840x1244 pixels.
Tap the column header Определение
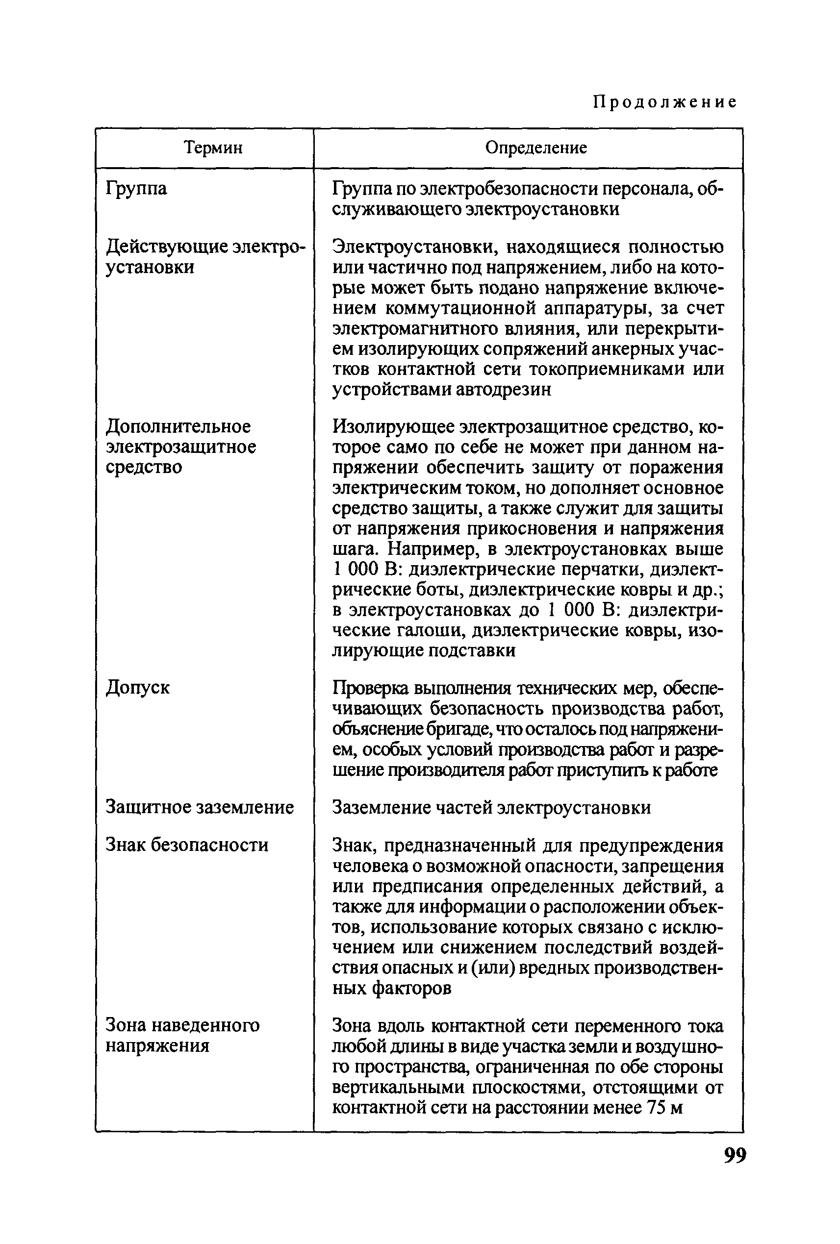tap(536, 147)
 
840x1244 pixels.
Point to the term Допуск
tap(138, 687)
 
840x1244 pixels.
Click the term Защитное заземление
tap(200, 807)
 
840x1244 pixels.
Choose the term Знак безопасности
tap(187, 845)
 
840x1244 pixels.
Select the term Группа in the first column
tap(136, 188)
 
